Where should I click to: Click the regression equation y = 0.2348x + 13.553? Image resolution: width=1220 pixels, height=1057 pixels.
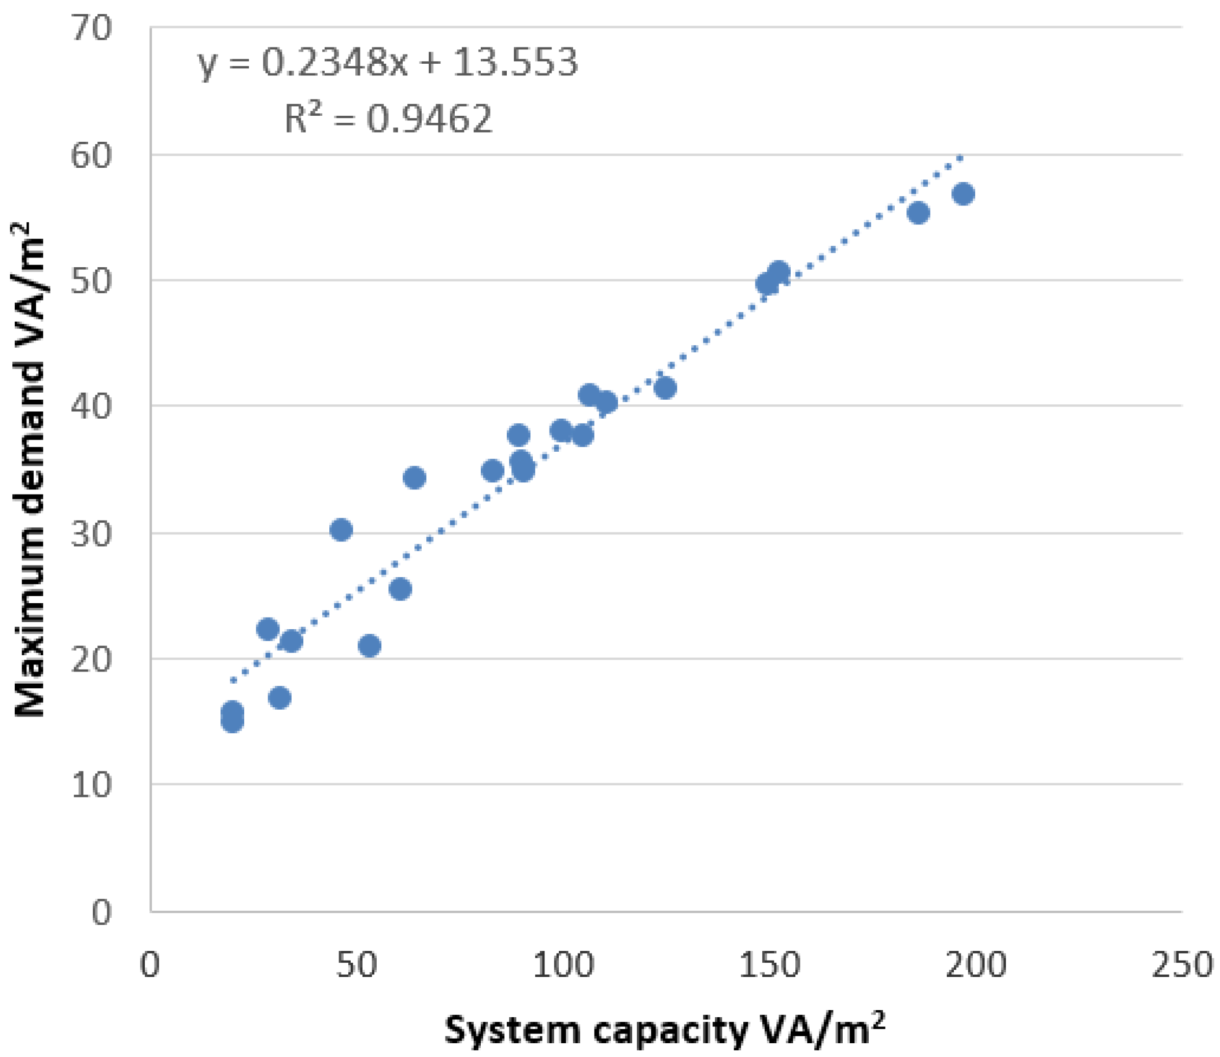387,63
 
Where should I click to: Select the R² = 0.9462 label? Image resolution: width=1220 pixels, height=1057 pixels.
387,119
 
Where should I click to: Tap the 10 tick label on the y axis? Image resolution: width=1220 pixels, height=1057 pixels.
91,785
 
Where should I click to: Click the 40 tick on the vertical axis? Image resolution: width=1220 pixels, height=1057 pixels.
91,406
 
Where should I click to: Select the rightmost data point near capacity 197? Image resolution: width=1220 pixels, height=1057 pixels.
963,194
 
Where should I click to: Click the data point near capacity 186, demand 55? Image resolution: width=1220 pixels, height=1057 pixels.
918,213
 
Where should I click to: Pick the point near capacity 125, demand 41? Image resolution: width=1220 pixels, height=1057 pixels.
665,388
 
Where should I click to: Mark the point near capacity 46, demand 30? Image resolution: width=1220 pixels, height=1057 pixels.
341,530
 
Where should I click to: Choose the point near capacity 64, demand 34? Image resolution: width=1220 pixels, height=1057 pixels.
414,478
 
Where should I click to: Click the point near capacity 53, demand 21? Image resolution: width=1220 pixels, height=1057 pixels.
369,646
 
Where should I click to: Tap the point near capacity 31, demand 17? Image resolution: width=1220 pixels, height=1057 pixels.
279,699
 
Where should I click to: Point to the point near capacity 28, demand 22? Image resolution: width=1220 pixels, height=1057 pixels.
268,629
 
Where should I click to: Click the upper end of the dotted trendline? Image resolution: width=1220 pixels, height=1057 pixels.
961,158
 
